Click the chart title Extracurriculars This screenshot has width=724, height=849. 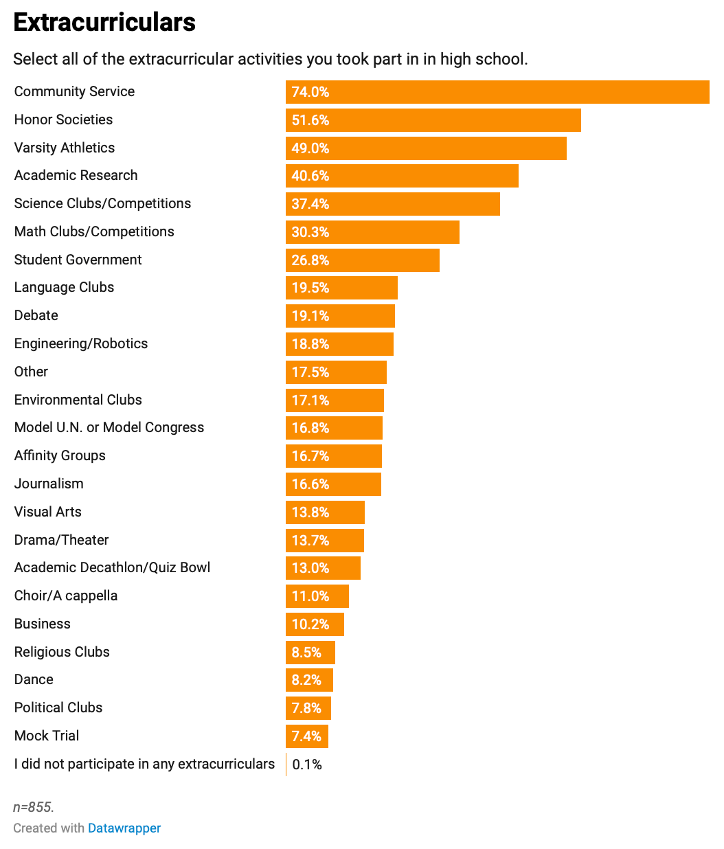click(104, 23)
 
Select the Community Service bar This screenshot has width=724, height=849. click(497, 92)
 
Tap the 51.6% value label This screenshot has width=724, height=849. click(310, 120)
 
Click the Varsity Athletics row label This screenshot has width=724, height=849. click(65, 148)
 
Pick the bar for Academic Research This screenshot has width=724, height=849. click(402, 176)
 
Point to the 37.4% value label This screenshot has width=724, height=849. click(310, 204)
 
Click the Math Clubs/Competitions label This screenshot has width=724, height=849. click(94, 231)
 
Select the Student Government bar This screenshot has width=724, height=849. click(363, 260)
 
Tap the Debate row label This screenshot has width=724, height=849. click(36, 315)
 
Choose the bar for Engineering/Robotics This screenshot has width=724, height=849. click(339, 344)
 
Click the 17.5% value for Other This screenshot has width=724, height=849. click(310, 372)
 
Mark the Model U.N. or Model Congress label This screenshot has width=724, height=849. click(109, 427)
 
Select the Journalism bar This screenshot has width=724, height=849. click(333, 484)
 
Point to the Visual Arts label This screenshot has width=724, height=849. click(48, 512)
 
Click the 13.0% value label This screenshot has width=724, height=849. click(310, 568)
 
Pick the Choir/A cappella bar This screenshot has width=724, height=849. click(317, 596)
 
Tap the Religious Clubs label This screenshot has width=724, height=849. click(62, 652)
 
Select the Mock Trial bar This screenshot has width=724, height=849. click(307, 736)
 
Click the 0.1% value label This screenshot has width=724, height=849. click(307, 765)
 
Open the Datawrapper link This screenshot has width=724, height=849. click(124, 828)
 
